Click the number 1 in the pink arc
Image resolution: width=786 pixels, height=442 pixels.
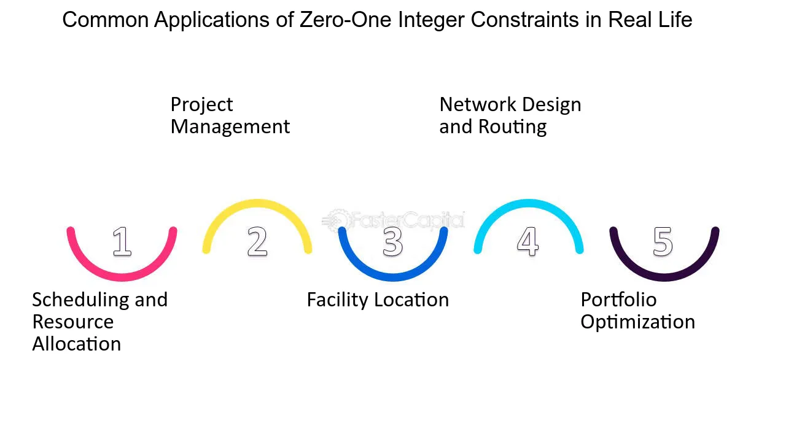pyautogui.click(x=122, y=241)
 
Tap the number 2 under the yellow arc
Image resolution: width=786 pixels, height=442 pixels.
pyautogui.click(x=257, y=241)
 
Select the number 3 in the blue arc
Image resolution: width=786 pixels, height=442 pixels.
pyautogui.click(x=392, y=241)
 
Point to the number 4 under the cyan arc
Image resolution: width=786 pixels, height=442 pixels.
pyautogui.click(x=527, y=241)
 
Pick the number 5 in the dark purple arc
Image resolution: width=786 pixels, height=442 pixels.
pyautogui.click(x=663, y=241)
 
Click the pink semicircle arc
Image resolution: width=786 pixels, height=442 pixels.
pyautogui.click(x=122, y=277)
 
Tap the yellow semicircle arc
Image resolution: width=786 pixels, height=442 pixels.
pyautogui.click(x=257, y=203)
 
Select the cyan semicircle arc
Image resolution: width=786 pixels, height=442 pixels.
pyautogui.click(x=529, y=203)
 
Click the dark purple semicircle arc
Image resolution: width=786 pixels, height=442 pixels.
pyautogui.click(x=664, y=277)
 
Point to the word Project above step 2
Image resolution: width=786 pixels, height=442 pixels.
pyautogui.click(x=202, y=105)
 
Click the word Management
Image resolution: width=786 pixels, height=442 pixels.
pyautogui.click(x=230, y=126)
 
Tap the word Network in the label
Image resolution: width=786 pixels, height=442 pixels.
pyautogui.click(x=478, y=104)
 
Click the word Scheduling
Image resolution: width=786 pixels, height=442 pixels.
pyautogui.click(x=80, y=301)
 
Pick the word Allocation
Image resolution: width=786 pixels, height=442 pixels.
pyautogui.click(x=77, y=344)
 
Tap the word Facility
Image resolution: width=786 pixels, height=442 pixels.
pyautogui.click(x=338, y=301)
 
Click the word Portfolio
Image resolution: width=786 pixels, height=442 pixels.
pyautogui.click(x=618, y=300)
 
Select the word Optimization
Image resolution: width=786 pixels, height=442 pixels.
pyautogui.click(x=638, y=323)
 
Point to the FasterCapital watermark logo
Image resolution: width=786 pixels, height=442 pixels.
pyautogui.click(x=394, y=220)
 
